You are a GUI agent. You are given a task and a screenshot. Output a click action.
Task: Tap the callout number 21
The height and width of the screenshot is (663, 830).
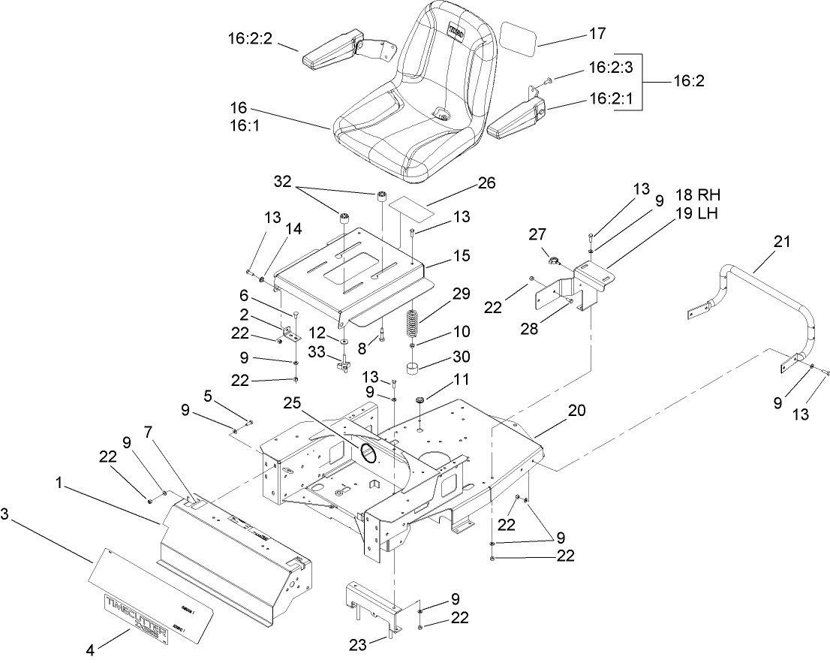[782, 242]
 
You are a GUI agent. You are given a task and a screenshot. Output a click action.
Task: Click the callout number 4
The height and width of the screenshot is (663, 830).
[89, 651]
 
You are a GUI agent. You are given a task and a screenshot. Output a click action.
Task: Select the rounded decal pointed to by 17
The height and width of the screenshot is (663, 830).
[519, 38]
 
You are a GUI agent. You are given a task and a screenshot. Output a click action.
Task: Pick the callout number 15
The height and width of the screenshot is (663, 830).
[461, 256]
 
